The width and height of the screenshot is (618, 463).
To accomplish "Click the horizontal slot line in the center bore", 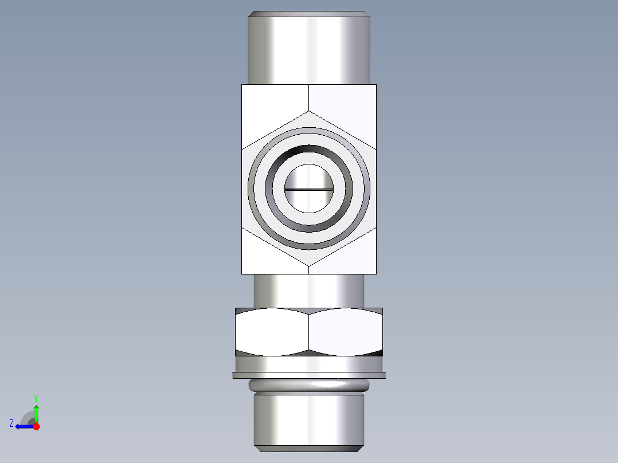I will [x=309, y=189].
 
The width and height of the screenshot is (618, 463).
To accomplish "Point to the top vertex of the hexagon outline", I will [x=309, y=111].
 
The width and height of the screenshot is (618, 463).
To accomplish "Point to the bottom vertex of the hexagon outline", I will [x=309, y=265].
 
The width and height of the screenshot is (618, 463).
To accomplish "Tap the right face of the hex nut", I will [x=346, y=332].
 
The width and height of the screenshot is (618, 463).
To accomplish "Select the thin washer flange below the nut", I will [x=309, y=375].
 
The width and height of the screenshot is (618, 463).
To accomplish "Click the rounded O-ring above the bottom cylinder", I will [x=309, y=386].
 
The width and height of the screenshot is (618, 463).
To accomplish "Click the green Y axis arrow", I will [x=36, y=411].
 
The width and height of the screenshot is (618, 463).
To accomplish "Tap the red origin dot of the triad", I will [x=36, y=426].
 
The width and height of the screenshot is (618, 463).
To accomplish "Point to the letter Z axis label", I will [x=11, y=423].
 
